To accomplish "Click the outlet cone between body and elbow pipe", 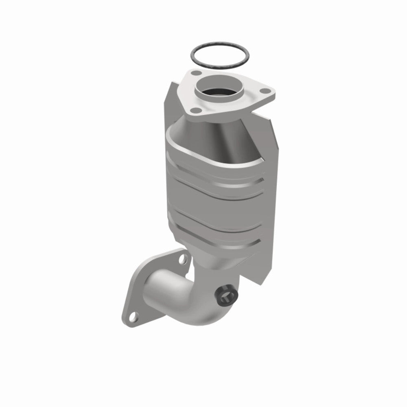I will (220, 260).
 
